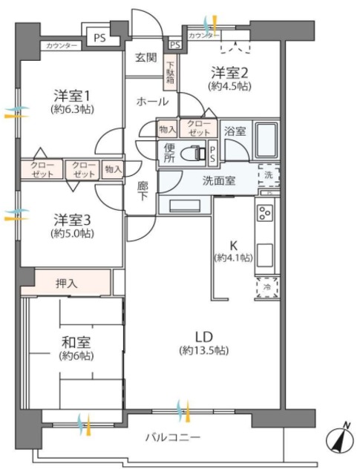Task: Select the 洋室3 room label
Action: tap(71, 220)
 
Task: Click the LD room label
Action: tap(201, 335)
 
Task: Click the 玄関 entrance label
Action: tap(145, 58)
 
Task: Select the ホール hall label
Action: tap(151, 102)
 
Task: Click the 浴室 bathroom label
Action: tap(236, 129)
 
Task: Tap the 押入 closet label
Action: tap(66, 282)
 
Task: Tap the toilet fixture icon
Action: tap(194, 153)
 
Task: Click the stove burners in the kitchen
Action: tap(265, 213)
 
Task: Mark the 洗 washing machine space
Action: tap(268, 175)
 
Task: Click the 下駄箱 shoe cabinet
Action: tap(170, 74)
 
